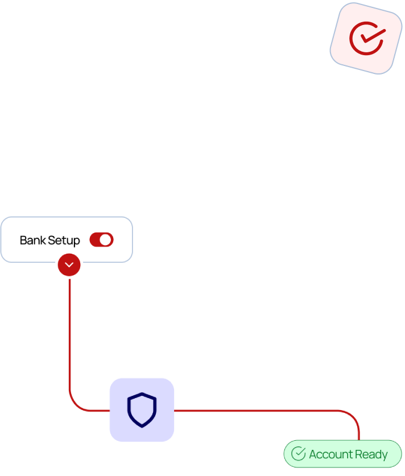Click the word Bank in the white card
click(32, 241)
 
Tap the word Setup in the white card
click(64, 241)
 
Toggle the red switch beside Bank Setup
click(101, 240)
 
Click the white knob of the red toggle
click(106, 240)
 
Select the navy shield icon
click(142, 409)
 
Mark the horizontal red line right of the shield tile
click(256, 410)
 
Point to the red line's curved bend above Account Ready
click(353, 416)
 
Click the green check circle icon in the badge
click(299, 454)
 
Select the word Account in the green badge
click(330, 454)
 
